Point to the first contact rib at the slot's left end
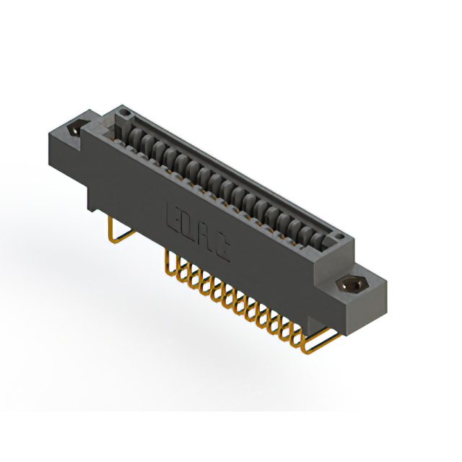coord(133,133)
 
